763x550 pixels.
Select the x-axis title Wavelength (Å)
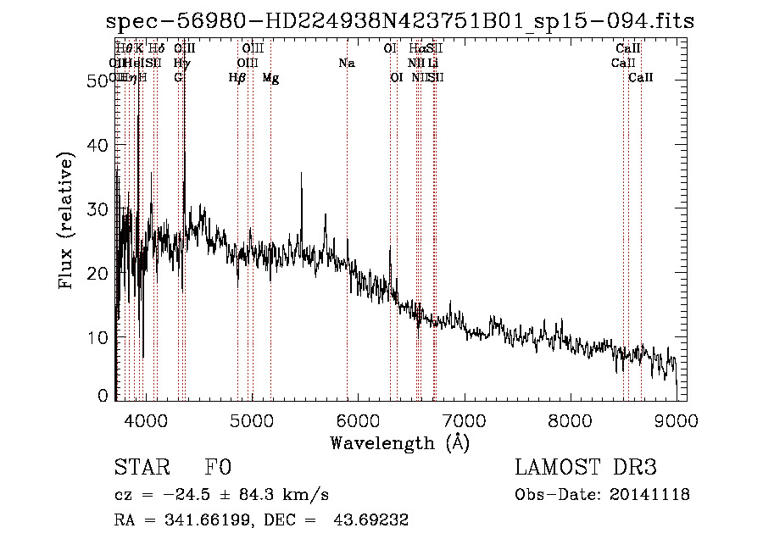[399, 442]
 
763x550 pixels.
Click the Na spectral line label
[347, 64]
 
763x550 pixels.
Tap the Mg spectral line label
[270, 78]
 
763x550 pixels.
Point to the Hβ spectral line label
[237, 78]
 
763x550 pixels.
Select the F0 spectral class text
[218, 469]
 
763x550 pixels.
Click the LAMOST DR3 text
[586, 469]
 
